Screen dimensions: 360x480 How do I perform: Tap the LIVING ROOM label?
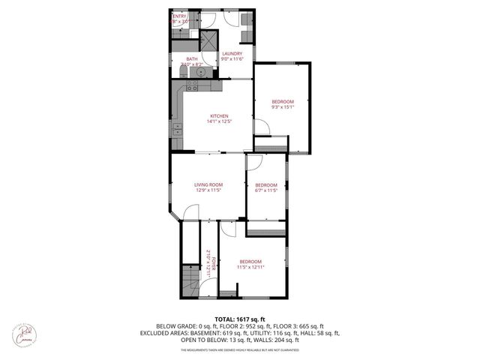pos(209,184)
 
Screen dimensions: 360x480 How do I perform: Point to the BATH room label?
pos(192,59)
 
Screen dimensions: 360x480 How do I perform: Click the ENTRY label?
pos(180,16)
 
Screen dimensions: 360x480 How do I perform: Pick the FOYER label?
pos(214,264)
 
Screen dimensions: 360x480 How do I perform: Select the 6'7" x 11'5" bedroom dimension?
pos(266,190)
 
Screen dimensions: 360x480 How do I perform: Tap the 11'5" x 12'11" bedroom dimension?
pos(250,266)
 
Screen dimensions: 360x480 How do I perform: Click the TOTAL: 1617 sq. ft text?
pos(239,319)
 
